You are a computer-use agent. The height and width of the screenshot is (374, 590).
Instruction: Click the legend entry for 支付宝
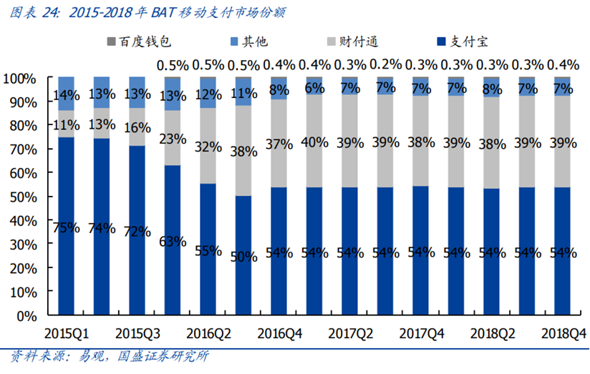click(x=463, y=41)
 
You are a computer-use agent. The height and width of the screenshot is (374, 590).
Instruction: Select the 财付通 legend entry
click(x=352, y=41)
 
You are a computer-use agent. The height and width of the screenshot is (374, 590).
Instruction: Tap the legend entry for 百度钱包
click(x=139, y=41)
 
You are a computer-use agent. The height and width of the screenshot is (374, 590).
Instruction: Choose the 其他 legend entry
click(x=249, y=41)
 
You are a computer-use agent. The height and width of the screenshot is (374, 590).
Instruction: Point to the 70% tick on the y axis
click(x=24, y=149)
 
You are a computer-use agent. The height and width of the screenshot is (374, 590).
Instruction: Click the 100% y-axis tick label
click(x=19, y=79)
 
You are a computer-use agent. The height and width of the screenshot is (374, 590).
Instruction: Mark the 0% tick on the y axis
click(x=27, y=317)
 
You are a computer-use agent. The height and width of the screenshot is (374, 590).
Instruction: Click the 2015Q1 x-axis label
click(x=67, y=333)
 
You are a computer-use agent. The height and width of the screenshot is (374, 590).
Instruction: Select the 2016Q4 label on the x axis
click(x=279, y=333)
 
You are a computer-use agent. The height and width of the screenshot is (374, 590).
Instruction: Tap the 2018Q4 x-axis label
click(x=564, y=333)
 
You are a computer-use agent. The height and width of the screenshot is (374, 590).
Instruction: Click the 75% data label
click(x=66, y=228)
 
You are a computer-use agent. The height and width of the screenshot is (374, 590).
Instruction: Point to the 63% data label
click(x=173, y=241)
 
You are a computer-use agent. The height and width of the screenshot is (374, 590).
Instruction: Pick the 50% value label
click(x=244, y=257)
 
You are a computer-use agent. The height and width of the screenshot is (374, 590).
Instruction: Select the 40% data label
click(x=314, y=142)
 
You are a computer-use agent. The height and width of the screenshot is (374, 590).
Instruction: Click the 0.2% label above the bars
click(x=386, y=64)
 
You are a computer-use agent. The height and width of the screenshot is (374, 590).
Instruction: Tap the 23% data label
click(x=173, y=139)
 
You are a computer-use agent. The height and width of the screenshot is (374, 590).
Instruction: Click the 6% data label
click(x=314, y=88)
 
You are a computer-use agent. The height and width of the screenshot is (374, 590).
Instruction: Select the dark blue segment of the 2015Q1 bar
click(x=66, y=226)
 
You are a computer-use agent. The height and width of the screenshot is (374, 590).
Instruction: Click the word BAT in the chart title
click(x=163, y=13)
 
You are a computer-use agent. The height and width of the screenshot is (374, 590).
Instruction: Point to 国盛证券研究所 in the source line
click(x=163, y=356)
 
